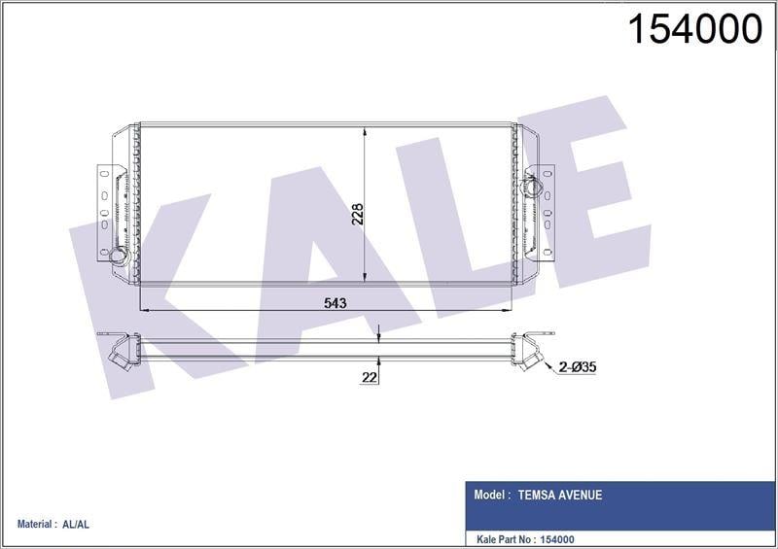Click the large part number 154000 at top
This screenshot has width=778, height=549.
click(695, 31)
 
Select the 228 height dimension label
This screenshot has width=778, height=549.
click(357, 213)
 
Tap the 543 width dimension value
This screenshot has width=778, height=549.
click(335, 303)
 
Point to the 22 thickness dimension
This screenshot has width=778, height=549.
click(368, 378)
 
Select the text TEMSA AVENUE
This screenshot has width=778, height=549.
click(559, 495)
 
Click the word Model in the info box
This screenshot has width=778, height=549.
click(491, 495)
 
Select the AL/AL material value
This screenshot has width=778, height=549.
click(75, 525)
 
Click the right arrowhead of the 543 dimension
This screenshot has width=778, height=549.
click(510, 311)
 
